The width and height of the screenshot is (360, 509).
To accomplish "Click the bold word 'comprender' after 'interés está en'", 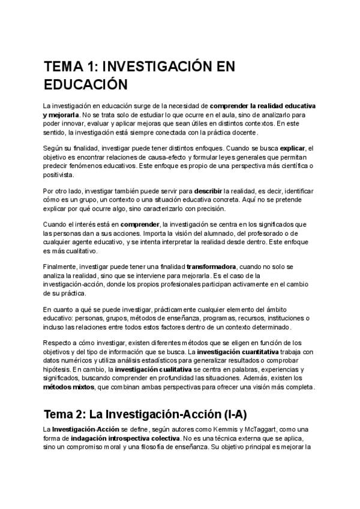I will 140,224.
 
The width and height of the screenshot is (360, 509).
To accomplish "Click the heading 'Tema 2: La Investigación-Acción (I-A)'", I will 145,415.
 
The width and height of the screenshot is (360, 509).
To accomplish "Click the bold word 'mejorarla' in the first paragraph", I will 64,115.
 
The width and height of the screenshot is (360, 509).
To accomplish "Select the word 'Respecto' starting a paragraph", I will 59,342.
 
